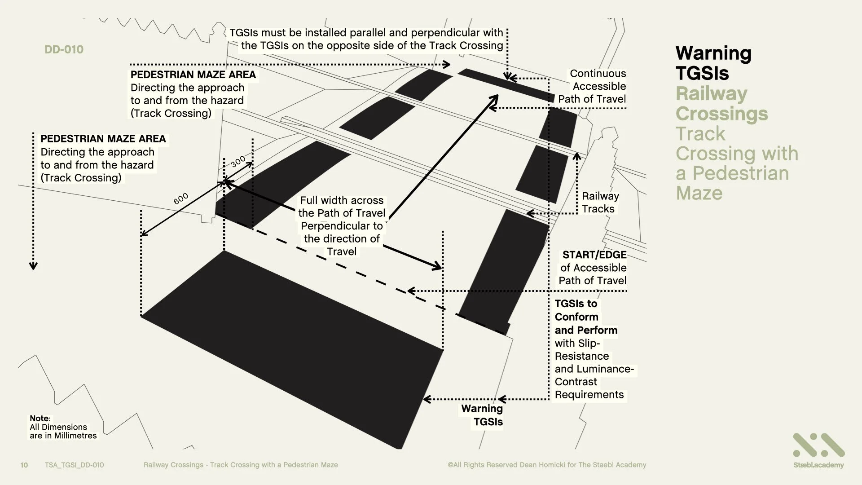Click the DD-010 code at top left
tap(64, 49)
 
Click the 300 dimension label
tap(238, 161)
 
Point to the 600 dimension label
tap(181, 198)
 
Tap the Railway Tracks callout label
tap(600, 203)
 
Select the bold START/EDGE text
tap(594, 255)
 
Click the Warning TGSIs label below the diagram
tap(482, 415)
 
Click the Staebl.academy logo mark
tap(818, 445)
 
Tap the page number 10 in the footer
tap(24, 465)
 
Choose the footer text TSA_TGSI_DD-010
tap(74, 465)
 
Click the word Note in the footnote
tap(40, 419)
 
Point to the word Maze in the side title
tap(699, 193)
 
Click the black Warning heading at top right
tap(713, 53)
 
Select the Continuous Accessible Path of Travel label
tap(592, 86)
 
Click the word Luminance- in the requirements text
tap(594, 369)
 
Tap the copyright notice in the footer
tap(546, 465)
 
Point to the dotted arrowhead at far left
tap(33, 265)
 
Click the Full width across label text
tap(342, 201)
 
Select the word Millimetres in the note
tap(73, 436)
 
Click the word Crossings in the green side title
tap(721, 114)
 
